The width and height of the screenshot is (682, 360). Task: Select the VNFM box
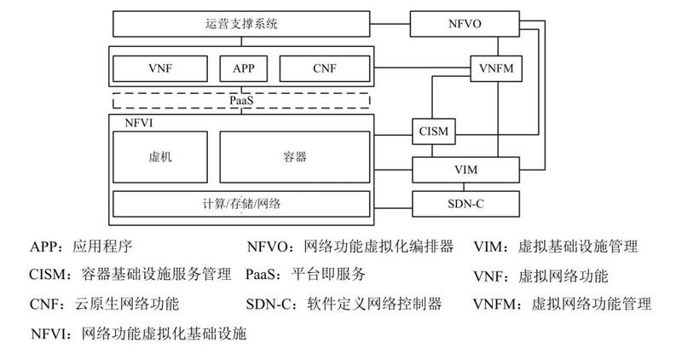[496, 67]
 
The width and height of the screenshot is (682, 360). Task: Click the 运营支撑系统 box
[242, 23]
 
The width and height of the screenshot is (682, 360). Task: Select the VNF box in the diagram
[161, 67]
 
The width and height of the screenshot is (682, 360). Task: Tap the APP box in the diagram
[242, 67]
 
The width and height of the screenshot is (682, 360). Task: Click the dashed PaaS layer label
[242, 101]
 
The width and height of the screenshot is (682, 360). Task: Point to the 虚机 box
[161, 157]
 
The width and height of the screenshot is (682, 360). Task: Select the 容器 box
[295, 157]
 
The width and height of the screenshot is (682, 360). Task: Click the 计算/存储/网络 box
[242, 203]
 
